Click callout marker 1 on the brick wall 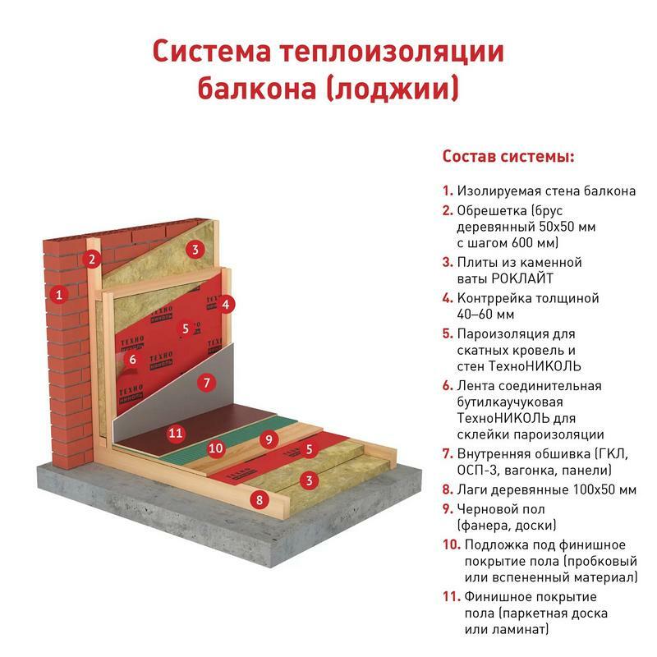(x=59, y=295)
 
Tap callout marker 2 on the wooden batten (x=92, y=260)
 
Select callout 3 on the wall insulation (x=195, y=250)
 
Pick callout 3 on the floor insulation (x=310, y=480)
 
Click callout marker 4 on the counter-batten (x=225, y=304)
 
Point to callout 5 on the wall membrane (x=186, y=328)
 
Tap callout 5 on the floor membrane (x=310, y=449)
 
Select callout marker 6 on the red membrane (x=132, y=359)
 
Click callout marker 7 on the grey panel (x=207, y=383)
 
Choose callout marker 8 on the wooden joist (x=260, y=499)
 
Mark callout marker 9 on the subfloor (x=269, y=439)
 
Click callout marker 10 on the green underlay (x=216, y=448)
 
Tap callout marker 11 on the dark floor (x=176, y=433)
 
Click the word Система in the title (x=212, y=51)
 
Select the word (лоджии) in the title (x=392, y=88)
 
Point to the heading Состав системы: (x=508, y=156)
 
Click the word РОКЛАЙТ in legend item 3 (x=522, y=278)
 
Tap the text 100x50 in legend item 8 (x=592, y=489)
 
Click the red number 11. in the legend (x=452, y=596)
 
